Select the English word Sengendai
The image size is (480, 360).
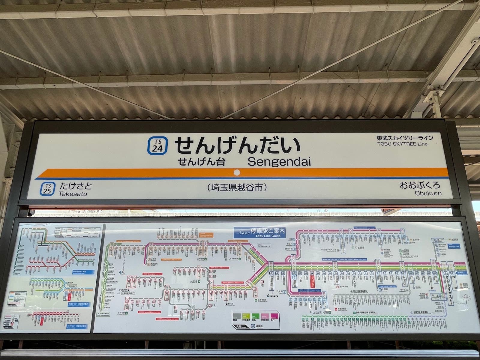[279, 162]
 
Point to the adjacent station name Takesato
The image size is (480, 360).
[73, 194]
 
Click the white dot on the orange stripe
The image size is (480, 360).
[237, 172]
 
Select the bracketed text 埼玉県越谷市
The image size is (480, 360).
[237, 188]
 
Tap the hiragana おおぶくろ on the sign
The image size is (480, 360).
[420, 185]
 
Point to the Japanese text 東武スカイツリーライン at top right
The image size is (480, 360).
[405, 138]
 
